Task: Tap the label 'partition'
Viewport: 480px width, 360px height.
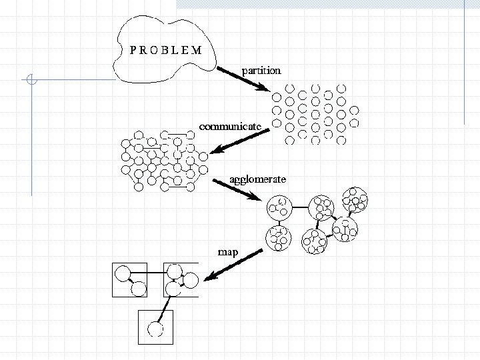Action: click(261, 69)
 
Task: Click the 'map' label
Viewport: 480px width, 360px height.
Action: click(227, 251)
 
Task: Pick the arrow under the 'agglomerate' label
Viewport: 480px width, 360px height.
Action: click(237, 189)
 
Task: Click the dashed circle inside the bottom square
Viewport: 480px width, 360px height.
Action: click(155, 329)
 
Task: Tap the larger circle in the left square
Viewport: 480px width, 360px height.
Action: click(123, 273)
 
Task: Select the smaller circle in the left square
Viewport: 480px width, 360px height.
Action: click(138, 289)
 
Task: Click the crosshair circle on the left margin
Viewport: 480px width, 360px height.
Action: click(31, 81)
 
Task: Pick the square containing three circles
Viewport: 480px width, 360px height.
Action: click(181, 279)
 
